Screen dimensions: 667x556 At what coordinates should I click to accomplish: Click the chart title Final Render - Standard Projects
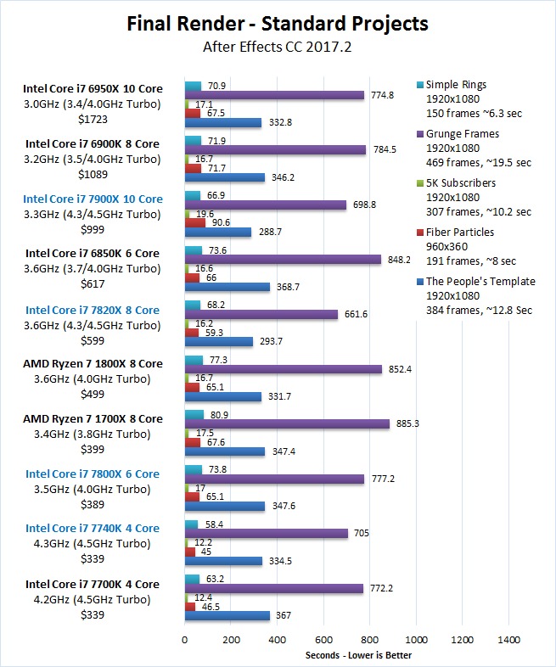(x=277, y=23)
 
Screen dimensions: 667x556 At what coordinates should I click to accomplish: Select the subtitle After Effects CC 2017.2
(x=277, y=48)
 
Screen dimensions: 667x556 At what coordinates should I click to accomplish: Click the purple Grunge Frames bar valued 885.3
(x=287, y=423)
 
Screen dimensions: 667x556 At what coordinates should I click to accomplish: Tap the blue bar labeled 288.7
(x=218, y=232)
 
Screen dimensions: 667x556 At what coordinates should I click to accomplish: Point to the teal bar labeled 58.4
(x=191, y=524)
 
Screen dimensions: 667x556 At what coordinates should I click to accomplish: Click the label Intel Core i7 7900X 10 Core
(x=94, y=199)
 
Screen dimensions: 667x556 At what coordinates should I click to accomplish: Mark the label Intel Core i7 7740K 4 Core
(x=93, y=529)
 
